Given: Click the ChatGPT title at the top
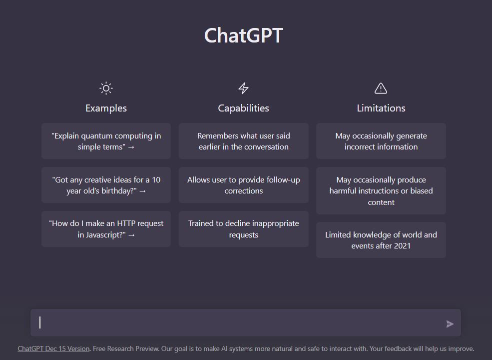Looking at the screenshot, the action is tap(243, 35).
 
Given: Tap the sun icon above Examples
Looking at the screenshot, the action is tap(106, 88).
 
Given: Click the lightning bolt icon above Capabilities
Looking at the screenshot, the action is tap(243, 88).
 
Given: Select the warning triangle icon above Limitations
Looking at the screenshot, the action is tap(381, 88).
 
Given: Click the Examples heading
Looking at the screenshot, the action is tap(106, 108).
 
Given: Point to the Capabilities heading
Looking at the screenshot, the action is tap(243, 108).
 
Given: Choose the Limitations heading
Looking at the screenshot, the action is tap(381, 108).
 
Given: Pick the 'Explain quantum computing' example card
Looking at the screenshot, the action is tap(106, 141).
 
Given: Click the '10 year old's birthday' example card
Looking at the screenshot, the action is tap(106, 185).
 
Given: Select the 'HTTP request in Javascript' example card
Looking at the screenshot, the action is tap(106, 228).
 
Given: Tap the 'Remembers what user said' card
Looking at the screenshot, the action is tap(243, 141).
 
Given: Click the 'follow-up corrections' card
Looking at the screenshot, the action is tap(243, 185).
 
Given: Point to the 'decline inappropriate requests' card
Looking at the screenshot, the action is tap(243, 228).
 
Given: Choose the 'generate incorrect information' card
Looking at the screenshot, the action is tap(381, 141).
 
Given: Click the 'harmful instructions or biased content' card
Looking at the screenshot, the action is tap(381, 190).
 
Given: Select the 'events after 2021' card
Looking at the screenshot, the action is tap(381, 240).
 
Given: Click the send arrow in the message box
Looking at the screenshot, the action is tap(450, 324).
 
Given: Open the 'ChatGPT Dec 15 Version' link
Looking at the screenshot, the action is tap(53, 348).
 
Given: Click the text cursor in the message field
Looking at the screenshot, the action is tap(40, 322).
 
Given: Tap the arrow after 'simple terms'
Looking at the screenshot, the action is tap(131, 147).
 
